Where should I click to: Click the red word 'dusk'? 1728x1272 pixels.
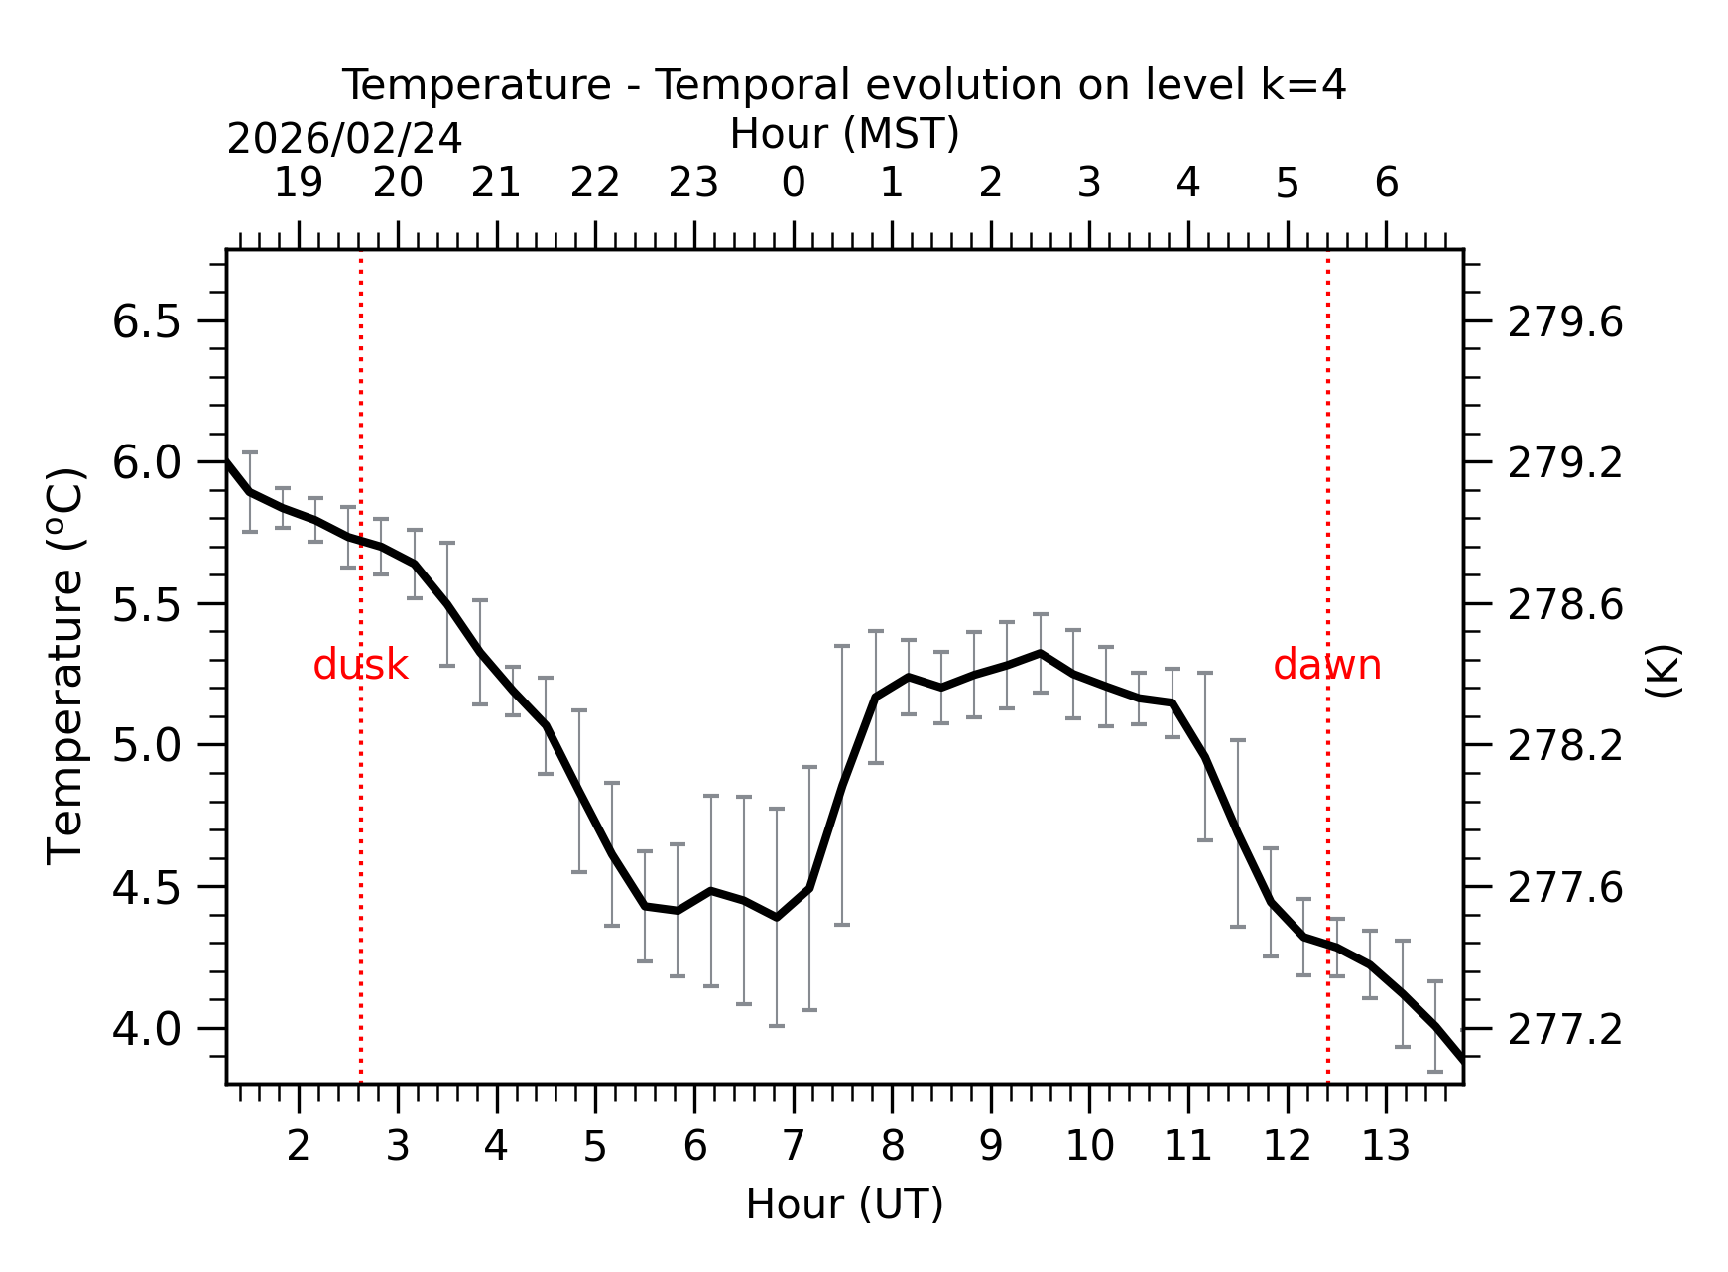click(x=360, y=665)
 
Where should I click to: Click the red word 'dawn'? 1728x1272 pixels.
click(x=1326, y=665)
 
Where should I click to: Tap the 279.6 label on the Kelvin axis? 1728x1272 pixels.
click(x=1564, y=322)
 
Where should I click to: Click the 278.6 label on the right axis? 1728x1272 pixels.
click(x=1564, y=605)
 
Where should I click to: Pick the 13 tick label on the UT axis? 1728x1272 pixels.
click(x=1385, y=1147)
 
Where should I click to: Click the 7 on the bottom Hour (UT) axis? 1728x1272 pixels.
click(x=793, y=1147)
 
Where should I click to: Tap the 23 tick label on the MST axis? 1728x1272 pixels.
click(x=693, y=184)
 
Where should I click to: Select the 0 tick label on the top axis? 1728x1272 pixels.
click(x=793, y=184)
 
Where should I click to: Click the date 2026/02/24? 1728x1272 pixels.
click(x=344, y=139)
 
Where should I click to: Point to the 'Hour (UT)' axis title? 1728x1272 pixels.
click(x=844, y=1205)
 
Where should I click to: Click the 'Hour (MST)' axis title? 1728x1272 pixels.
click(x=844, y=134)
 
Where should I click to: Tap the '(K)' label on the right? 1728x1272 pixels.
click(x=1663, y=671)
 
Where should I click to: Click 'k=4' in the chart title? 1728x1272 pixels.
click(x=1303, y=85)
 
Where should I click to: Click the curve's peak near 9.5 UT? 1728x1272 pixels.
click(x=1040, y=653)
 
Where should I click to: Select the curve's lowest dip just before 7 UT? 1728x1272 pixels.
click(x=777, y=917)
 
